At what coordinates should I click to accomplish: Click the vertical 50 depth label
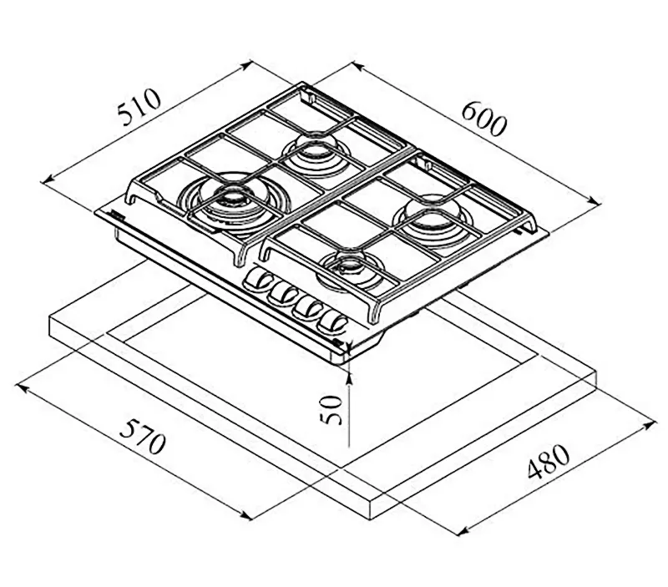[x=332, y=408]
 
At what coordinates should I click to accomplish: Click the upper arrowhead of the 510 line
[x=250, y=63]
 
